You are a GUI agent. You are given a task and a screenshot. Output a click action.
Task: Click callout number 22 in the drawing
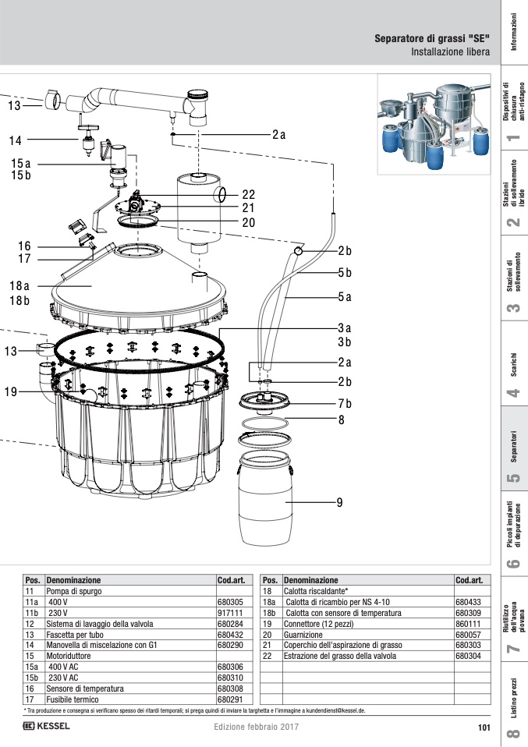(248, 194)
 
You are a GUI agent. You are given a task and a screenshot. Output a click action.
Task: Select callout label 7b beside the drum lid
(345, 403)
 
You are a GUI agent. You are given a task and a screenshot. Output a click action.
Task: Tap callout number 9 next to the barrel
(339, 503)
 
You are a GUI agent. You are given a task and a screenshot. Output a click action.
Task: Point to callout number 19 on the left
(10, 391)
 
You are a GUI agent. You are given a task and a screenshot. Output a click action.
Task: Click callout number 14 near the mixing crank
(15, 140)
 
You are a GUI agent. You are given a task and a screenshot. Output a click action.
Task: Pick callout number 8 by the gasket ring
(341, 420)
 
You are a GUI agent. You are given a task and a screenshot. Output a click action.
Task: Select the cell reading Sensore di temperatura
(85, 689)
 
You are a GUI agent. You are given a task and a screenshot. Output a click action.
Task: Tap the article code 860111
(468, 624)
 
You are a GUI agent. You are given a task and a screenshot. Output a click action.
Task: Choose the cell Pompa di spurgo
(74, 591)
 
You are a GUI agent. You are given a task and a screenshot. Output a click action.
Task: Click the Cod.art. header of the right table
(470, 580)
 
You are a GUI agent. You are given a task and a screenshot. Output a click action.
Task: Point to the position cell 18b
(269, 613)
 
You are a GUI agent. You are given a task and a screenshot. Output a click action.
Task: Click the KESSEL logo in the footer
(46, 726)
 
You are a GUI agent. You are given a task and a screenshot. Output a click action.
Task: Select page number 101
(484, 728)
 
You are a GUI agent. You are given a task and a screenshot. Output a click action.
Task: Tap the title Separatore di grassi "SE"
(432, 38)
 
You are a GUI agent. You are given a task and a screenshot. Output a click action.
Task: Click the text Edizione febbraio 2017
(257, 727)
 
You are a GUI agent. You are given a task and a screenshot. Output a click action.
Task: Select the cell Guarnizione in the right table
(303, 635)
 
